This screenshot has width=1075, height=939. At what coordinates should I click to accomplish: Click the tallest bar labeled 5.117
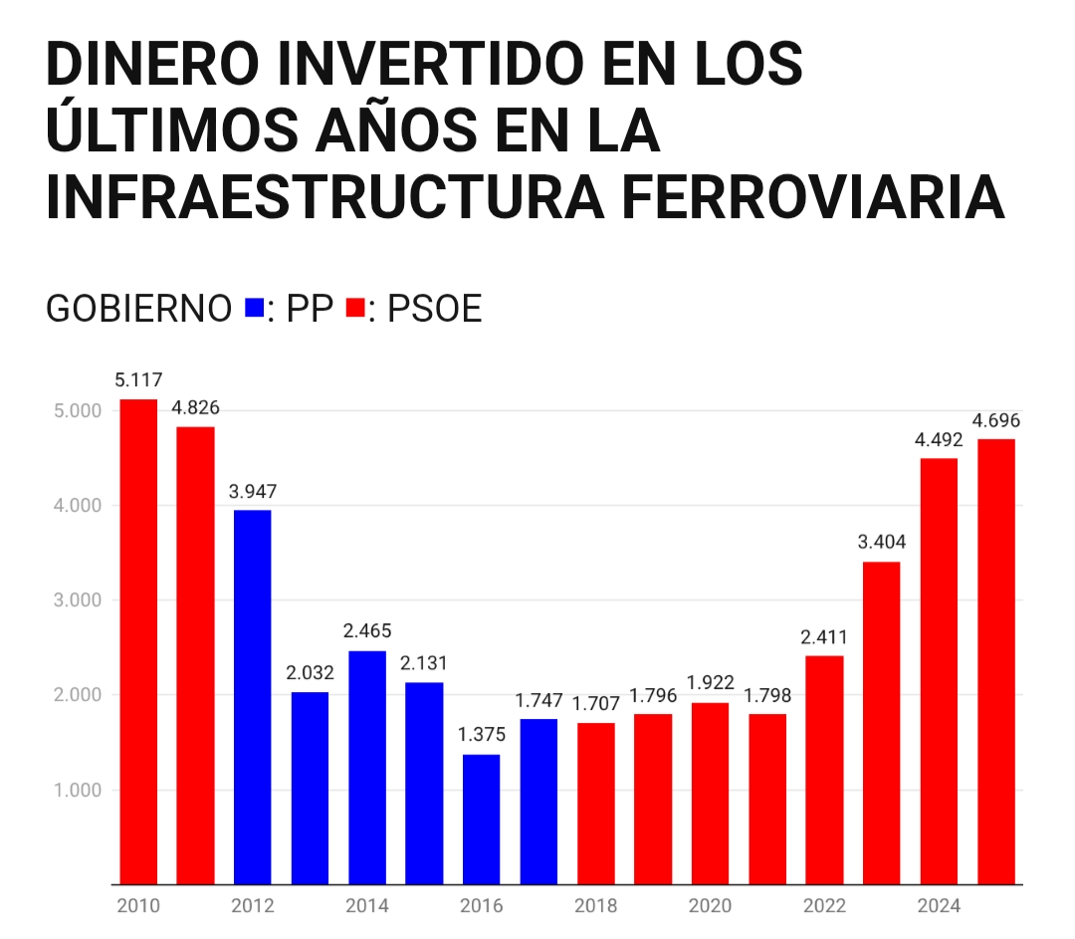click(138, 641)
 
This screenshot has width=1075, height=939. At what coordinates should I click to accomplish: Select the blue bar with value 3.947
click(253, 697)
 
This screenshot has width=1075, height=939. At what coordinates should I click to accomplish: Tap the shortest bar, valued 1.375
click(482, 819)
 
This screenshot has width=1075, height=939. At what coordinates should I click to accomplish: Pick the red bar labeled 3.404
click(882, 723)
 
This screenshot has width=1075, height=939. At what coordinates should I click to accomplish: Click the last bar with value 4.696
click(996, 661)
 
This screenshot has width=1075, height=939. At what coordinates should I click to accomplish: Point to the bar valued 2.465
click(367, 767)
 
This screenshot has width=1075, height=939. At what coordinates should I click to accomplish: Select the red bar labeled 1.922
click(710, 793)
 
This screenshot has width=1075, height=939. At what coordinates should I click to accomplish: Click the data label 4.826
click(195, 408)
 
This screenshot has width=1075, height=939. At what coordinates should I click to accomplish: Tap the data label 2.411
click(824, 637)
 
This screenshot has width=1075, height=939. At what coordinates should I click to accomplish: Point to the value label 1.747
click(538, 700)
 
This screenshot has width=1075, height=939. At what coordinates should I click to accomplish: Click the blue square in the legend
click(254, 309)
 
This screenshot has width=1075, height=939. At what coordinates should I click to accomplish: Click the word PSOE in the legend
click(435, 310)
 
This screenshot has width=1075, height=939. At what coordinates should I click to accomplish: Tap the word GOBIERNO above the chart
click(138, 310)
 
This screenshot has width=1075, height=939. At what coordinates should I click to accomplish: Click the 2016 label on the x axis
click(482, 906)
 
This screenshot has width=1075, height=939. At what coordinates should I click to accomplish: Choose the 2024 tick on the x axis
click(939, 906)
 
